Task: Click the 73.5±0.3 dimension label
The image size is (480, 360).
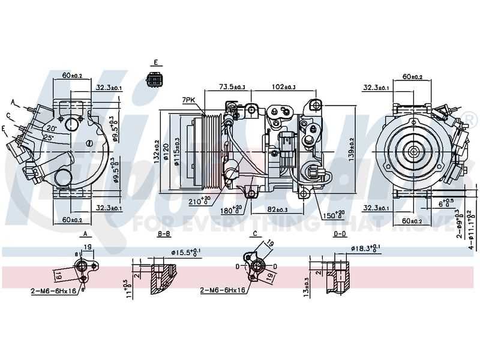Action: [232, 87]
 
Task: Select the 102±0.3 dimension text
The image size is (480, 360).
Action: [283, 87]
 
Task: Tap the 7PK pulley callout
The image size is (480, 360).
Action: [189, 100]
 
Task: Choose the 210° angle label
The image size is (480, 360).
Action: [199, 201]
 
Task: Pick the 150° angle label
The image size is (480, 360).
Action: [334, 215]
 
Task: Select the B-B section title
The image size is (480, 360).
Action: [164, 233]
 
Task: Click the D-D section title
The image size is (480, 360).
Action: [340, 233]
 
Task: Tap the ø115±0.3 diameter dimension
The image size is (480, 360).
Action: [177, 150]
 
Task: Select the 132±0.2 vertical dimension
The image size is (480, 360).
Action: [157, 150]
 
